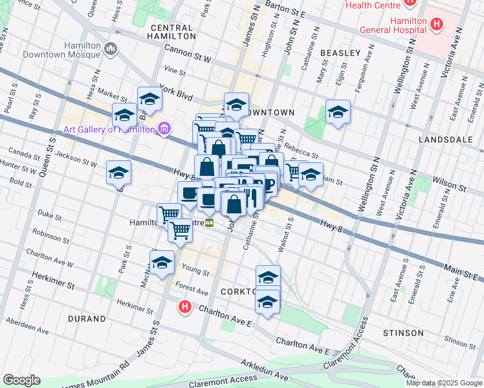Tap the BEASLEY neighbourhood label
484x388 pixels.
339,52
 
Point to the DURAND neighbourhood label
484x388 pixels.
85,319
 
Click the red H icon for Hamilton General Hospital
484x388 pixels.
437,25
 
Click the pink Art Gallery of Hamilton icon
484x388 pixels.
164,129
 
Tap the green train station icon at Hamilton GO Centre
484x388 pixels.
210,223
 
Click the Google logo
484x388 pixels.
21,380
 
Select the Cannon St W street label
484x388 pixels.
188,54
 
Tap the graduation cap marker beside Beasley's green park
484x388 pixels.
338,113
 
